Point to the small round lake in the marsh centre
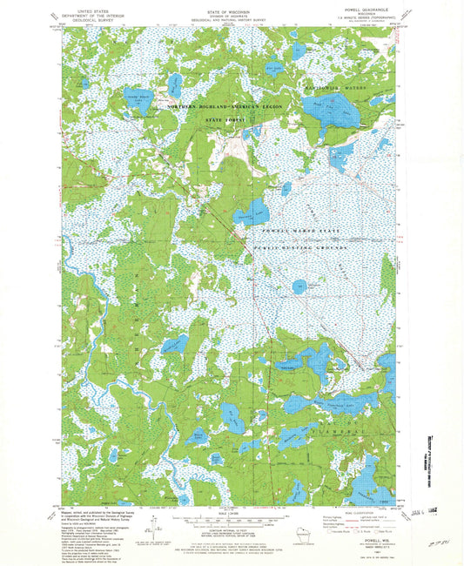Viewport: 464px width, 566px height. [x=299, y=285]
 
